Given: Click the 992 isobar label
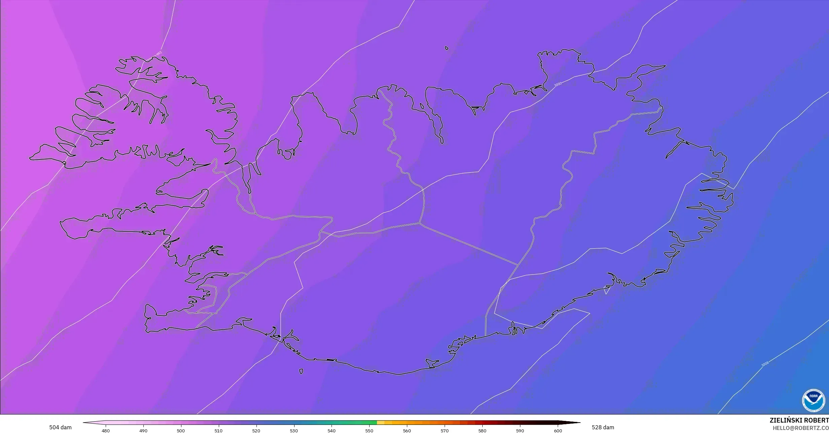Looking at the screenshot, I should point(159,53).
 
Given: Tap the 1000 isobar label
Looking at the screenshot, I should point(558,84).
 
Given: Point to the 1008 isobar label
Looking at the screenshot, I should point(765,364).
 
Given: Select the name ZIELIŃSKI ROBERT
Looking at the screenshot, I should point(799,420).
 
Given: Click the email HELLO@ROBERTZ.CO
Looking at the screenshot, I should point(801,428).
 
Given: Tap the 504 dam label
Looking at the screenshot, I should point(60,427).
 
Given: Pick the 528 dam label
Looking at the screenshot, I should point(603,427).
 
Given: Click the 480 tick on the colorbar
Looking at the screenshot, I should point(106,431).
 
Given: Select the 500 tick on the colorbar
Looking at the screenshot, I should point(181,431).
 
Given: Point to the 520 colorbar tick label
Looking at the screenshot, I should point(256,431).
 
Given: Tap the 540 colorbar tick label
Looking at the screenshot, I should point(332,431).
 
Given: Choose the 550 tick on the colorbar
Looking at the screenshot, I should point(369,431).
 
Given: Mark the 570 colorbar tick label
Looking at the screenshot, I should point(445,431).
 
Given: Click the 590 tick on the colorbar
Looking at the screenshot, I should point(520,431).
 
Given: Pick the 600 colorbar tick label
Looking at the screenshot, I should point(558,431).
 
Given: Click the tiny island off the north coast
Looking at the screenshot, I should point(447,48).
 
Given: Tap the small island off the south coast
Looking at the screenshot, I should point(301,371).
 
